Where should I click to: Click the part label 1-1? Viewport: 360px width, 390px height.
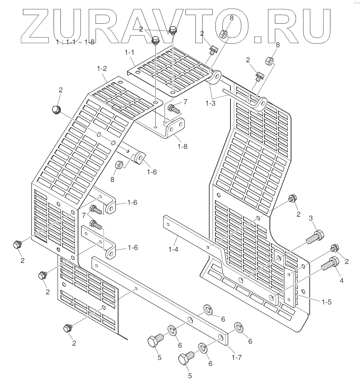(129, 53)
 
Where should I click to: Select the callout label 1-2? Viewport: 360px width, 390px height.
(102, 68)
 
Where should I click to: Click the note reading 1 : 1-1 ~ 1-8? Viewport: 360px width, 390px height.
(76, 42)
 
